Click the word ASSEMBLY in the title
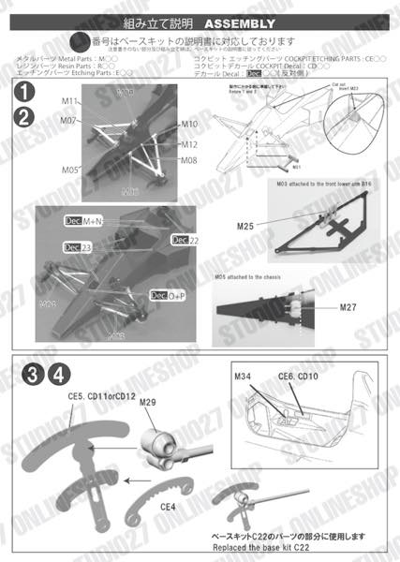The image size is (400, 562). (239, 22)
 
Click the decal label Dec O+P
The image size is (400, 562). (165, 295)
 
